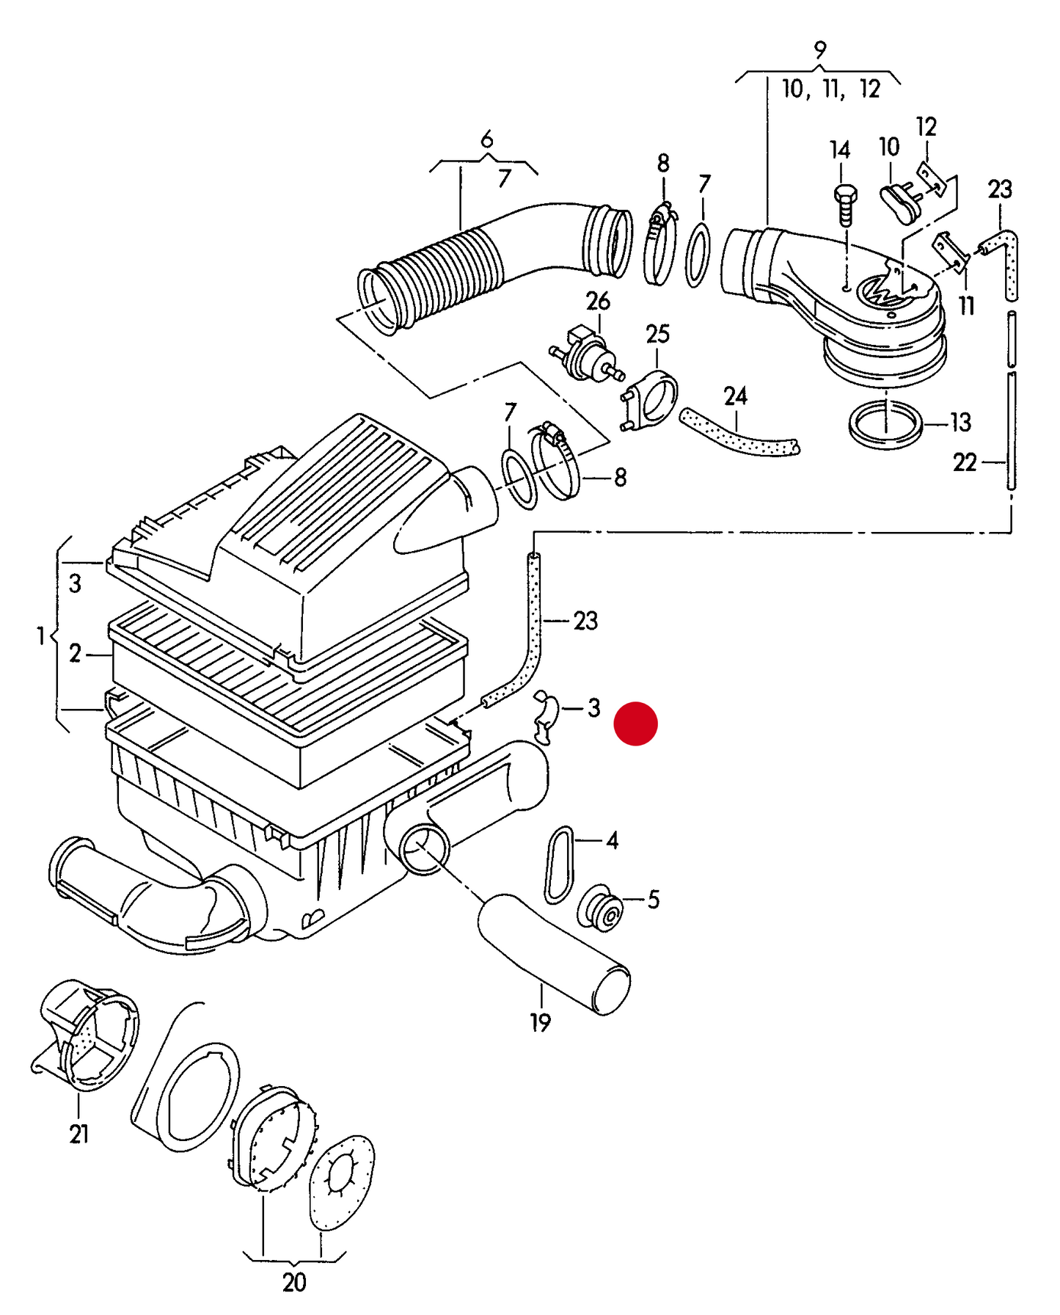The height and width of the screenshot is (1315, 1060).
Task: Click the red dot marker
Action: (x=635, y=724)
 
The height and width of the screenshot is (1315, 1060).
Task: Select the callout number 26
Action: (x=598, y=301)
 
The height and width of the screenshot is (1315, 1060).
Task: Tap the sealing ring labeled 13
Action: (x=885, y=425)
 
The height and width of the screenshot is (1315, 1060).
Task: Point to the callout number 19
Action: (x=540, y=1022)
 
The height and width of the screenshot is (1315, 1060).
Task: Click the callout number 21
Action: (x=78, y=1134)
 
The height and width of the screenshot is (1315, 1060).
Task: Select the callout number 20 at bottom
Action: (x=293, y=1282)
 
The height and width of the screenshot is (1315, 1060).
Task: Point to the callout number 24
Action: (x=735, y=396)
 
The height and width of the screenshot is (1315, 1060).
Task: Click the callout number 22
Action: (x=965, y=462)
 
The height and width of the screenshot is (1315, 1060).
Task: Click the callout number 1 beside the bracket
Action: (x=41, y=635)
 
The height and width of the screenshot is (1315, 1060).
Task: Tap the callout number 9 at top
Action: (x=819, y=50)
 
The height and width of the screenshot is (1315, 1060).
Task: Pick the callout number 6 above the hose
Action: (x=486, y=139)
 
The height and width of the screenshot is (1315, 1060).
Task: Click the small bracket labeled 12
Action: (x=930, y=178)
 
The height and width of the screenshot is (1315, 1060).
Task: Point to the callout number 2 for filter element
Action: (x=75, y=653)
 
